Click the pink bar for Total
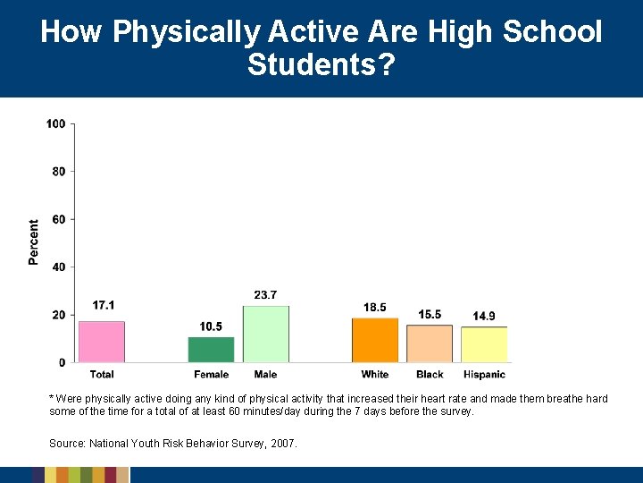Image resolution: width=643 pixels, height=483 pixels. (101, 342)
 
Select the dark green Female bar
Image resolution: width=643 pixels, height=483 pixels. (211, 350)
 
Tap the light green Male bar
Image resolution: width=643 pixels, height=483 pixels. (265, 335)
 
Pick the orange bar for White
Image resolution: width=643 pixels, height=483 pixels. (375, 340)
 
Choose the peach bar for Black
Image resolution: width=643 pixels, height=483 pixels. (430, 343)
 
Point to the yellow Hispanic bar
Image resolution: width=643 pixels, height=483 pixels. (484, 344)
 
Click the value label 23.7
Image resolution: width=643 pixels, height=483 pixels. (265, 295)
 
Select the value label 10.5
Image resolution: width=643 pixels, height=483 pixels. (211, 326)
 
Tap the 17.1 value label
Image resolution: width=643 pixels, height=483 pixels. (104, 306)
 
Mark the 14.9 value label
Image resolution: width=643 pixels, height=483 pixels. (484, 316)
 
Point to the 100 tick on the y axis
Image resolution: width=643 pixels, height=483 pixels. (56, 123)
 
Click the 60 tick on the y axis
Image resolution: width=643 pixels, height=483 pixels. (59, 219)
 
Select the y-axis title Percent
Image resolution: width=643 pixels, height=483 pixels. (34, 242)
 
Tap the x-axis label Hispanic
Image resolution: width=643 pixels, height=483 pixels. (484, 374)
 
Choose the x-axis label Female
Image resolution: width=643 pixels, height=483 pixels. (211, 374)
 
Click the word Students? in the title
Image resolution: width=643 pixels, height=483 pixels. (321, 64)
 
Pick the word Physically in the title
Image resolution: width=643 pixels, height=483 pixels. (188, 32)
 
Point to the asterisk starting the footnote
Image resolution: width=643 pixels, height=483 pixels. (51, 398)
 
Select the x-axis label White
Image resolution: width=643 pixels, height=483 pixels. (375, 374)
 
